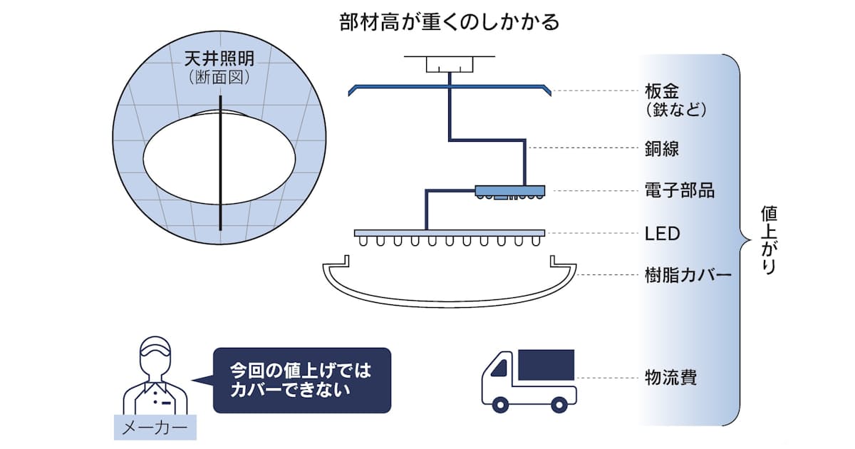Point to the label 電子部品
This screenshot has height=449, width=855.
point(679,190)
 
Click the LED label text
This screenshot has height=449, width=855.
point(662,233)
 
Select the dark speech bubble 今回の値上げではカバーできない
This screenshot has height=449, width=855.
point(302,381)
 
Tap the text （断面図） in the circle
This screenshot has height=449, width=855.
point(221,78)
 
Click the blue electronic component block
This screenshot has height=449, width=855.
point(509,190)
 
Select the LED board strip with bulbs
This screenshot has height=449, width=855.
point(450,232)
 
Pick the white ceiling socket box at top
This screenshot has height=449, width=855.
point(450,63)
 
